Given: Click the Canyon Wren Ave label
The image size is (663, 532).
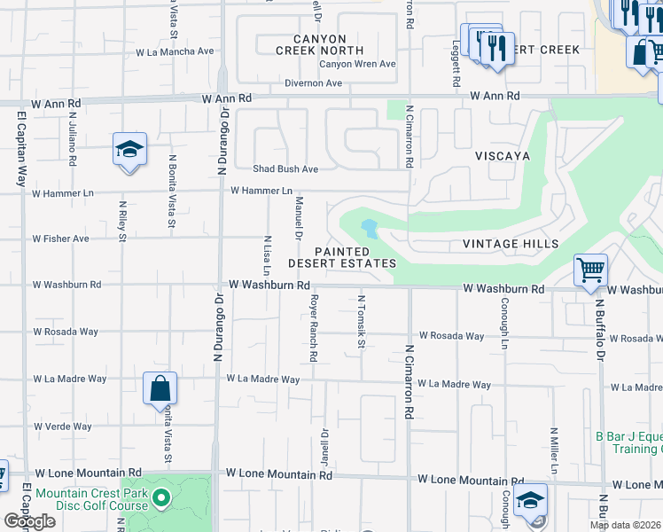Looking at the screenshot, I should pos(357,64).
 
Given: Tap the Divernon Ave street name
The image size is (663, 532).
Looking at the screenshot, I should pos(313,83).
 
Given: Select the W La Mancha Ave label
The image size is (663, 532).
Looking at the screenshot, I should pos(175,51).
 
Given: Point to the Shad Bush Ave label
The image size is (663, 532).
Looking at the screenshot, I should pos(285,168).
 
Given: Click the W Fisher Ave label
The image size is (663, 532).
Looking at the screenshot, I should pos(61,239).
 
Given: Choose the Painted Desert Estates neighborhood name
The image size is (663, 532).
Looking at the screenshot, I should pos(341,258).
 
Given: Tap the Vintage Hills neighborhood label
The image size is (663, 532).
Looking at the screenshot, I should pos(511,244).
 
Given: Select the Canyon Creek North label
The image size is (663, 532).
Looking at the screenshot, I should pos(332,44).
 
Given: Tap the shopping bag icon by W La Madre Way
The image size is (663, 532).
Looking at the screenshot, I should pos(160,387).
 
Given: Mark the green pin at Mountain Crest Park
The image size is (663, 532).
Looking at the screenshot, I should pos(160,498).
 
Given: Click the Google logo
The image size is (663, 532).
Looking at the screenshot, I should pos(29,521).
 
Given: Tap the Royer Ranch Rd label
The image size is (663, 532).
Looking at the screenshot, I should pos(313,328).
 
